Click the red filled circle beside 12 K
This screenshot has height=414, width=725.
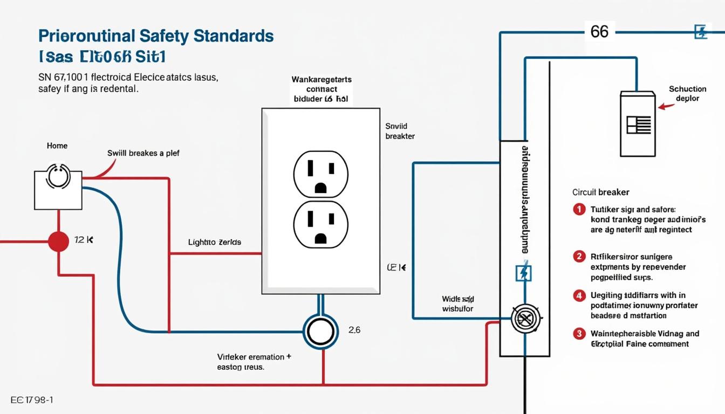point(58,241)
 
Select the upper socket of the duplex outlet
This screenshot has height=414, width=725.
point(320,174)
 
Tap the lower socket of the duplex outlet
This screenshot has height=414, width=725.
point(320,224)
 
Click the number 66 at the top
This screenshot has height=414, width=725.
point(599,32)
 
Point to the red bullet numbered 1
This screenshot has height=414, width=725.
point(579,209)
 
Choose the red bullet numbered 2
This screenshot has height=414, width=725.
point(579,257)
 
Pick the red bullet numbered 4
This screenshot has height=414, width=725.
point(579,295)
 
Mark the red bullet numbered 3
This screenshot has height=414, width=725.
point(579,334)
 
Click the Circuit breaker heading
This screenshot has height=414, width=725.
point(600,192)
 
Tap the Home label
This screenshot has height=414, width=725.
point(57,146)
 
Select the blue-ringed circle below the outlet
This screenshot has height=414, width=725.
point(320,332)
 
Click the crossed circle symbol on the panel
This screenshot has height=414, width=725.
point(525,319)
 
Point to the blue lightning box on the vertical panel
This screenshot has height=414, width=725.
point(524,273)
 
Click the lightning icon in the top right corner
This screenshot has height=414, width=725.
point(700,32)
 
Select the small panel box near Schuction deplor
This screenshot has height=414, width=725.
point(638,124)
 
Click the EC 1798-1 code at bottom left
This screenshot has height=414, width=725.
point(32,400)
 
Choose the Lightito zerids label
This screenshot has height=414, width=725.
point(214,243)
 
